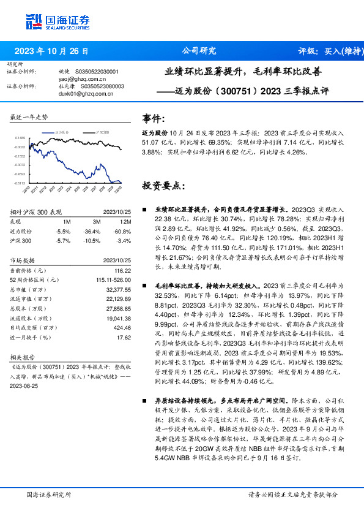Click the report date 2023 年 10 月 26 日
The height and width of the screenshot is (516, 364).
[51, 51]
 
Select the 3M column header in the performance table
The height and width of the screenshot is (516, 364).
[97, 221]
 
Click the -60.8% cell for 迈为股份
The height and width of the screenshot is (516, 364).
[123, 231]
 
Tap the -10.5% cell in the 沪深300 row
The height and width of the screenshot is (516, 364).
[93, 241]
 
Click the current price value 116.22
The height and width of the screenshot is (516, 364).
[123, 270]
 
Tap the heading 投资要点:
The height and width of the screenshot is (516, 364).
[163, 184]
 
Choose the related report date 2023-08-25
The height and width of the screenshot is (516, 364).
[25, 387]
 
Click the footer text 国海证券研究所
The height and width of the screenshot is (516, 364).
[50, 495]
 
